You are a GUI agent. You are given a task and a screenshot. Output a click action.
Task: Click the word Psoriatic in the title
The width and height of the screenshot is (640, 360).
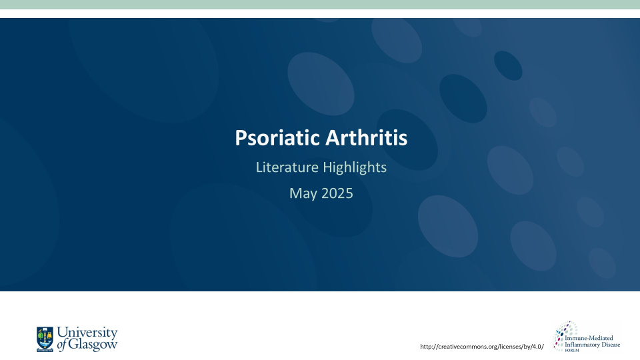coord(277,138)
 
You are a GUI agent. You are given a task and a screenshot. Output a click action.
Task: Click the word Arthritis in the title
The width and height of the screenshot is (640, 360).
coord(366,137)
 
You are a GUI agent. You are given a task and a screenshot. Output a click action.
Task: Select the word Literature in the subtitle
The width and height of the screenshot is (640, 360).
coord(287,167)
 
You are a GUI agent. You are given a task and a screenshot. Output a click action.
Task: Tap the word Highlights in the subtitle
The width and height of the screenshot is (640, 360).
coord(355,168)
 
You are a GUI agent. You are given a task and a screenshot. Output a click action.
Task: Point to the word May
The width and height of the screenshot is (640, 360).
coord(303,194)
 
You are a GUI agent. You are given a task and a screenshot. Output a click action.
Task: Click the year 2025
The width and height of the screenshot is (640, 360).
coord(337,193)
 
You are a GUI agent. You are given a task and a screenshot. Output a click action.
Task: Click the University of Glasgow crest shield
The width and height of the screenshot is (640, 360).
coord(45,339)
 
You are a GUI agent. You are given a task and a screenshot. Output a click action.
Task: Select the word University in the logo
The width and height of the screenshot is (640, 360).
coord(87,332)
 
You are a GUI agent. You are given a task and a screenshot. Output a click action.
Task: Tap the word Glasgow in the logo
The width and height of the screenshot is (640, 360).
coord(93,345)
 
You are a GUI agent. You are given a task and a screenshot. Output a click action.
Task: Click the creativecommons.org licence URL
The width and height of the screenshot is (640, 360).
coord(482,347)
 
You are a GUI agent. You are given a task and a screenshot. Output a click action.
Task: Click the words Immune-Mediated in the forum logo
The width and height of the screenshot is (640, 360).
coord(589,338)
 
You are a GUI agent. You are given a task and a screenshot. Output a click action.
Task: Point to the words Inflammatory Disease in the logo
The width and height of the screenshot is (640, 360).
coord(592,345)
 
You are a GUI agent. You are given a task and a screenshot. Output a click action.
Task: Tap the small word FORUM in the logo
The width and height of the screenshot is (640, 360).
coord(572,350)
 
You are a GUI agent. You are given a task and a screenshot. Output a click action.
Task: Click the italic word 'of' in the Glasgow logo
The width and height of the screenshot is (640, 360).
coord(61,345)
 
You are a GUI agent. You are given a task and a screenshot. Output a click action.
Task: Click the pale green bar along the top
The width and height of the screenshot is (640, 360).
coord(320,5)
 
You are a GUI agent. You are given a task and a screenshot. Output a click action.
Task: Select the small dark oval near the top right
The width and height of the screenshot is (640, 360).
coord(508,65)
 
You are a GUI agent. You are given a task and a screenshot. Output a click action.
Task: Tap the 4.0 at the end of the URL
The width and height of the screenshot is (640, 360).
coord(537,347)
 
